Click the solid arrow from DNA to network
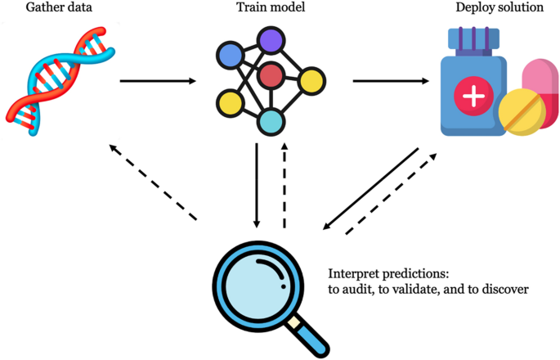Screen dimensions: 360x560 tap(158, 81)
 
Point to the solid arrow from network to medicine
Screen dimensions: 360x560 tap(392, 81)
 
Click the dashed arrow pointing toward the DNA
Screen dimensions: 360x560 tap(153, 182)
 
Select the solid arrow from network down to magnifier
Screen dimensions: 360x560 tap(258, 186)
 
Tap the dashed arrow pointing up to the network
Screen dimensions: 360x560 tap(284, 186)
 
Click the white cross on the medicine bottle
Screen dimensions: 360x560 tap(473, 96)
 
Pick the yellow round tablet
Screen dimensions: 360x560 tap(522, 114)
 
